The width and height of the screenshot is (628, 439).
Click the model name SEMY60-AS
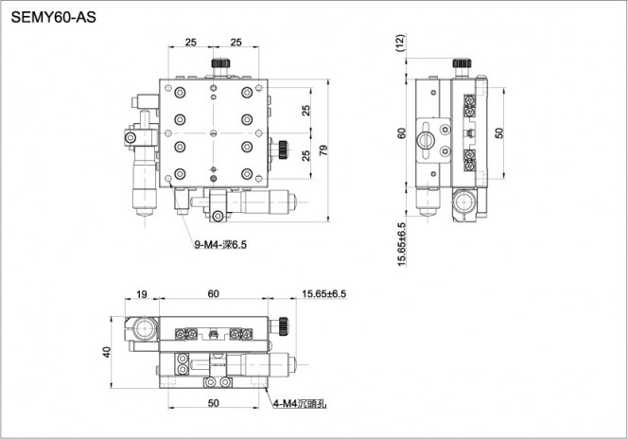53,18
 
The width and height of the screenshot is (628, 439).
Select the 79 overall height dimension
323,150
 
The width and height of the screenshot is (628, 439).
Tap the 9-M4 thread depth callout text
220,244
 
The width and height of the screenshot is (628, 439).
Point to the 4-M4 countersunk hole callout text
300,404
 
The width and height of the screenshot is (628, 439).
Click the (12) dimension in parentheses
400,43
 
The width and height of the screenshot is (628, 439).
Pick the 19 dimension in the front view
141,294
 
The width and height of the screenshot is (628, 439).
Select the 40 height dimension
106,352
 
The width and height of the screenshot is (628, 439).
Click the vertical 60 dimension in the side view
401,133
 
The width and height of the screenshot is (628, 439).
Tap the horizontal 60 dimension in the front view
214,294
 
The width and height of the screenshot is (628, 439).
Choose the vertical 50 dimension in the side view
499,133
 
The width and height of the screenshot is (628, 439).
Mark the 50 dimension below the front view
214,403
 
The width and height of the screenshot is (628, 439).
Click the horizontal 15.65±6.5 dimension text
324,294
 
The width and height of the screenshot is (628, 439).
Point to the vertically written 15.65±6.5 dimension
401,244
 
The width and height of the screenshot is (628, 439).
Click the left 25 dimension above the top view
191,42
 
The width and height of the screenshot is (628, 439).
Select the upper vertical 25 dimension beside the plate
306,110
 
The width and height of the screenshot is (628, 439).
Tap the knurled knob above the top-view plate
220,62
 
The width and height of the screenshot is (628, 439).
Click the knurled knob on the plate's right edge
284,149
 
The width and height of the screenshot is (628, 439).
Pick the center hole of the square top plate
214,133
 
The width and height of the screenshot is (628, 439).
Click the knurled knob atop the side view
462,62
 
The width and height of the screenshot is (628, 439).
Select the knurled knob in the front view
284,326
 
